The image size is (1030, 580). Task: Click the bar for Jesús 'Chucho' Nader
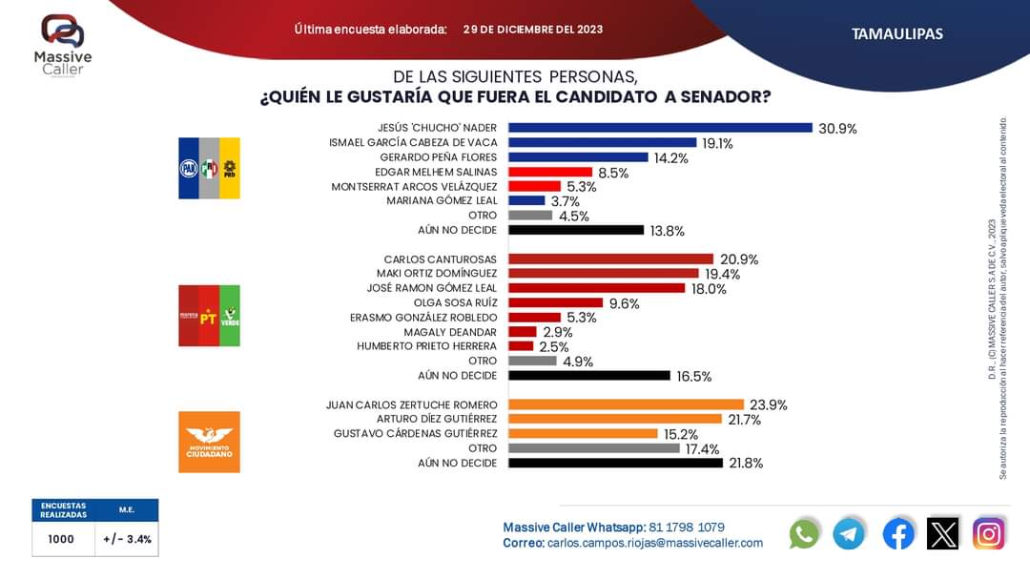[660, 128]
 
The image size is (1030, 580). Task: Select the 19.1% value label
[717, 143]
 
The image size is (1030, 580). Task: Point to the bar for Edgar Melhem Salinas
[550, 172]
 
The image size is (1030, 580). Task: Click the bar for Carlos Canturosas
[610, 259]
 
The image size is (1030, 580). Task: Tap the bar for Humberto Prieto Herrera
[521, 346]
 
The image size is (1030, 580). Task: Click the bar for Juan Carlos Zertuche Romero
[626, 404]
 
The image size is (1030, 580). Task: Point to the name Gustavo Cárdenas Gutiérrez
[416, 434]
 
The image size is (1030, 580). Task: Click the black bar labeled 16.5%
[589, 376]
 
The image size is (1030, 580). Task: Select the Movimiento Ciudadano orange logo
[209, 442]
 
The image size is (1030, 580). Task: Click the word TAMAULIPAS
[896, 33]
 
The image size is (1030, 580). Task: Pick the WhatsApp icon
[804, 533]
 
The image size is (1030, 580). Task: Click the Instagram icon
[989, 533]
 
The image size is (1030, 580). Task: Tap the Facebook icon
[897, 533]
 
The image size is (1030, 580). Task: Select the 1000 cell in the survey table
[61, 539]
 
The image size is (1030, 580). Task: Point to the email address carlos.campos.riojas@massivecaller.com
[655, 543]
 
